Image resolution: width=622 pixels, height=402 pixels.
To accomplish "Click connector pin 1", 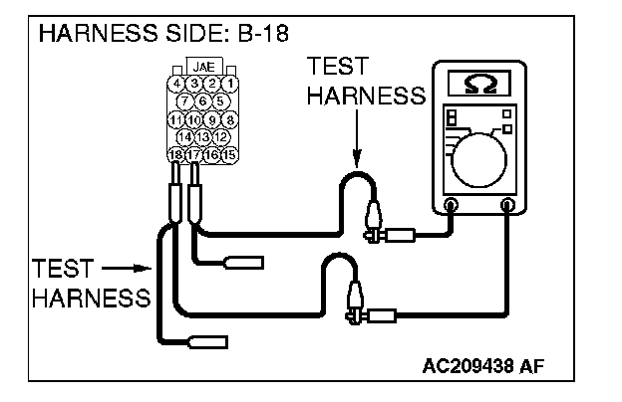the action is [230, 84].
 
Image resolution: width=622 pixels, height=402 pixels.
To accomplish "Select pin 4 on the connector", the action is [175, 84].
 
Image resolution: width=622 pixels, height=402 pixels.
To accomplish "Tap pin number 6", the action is [203, 100].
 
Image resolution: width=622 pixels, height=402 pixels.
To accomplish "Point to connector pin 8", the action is [229, 118].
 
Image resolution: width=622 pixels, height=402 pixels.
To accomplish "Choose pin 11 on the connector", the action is [175, 118].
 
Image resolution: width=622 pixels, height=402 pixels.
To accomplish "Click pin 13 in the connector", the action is [203, 136].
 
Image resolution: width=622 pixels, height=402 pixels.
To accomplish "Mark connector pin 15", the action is [230, 154].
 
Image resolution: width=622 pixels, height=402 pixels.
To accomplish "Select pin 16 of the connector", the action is [212, 154].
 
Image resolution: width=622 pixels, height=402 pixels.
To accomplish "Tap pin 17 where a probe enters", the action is [194, 154].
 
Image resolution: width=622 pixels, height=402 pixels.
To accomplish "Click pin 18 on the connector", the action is [176, 154].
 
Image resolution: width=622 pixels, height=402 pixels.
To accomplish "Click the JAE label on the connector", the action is [202, 69].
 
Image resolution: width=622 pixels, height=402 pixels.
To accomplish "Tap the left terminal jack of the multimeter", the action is [451, 205].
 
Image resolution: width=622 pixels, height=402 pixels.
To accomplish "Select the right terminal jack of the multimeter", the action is [508, 205].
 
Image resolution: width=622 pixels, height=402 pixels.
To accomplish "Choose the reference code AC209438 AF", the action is [484, 367].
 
